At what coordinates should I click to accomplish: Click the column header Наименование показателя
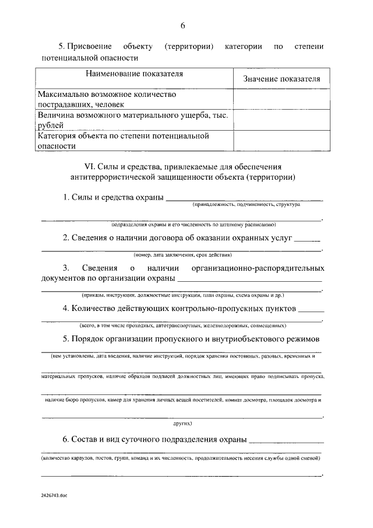point(134,74)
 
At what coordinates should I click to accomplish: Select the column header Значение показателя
point(282,79)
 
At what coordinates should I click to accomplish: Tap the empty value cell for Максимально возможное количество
point(282,99)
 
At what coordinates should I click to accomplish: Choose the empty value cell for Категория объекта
point(282,141)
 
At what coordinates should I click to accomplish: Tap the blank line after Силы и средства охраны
point(245,198)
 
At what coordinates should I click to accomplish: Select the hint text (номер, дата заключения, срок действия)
point(182,255)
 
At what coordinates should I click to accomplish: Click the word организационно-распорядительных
point(258,268)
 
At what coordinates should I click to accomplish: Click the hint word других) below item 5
point(182,422)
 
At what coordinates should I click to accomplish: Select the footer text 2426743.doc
point(54,494)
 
